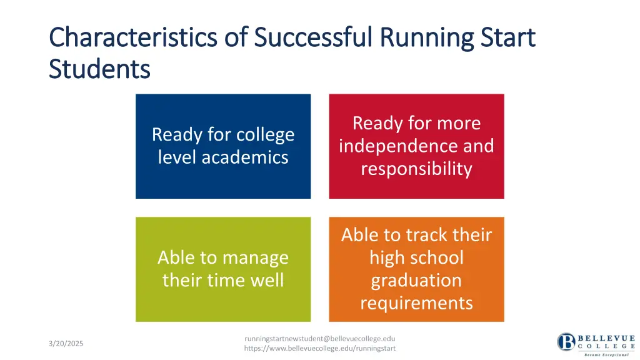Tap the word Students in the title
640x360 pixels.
tap(99, 68)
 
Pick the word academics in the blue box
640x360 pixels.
tap(247, 157)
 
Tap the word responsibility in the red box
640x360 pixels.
tap(416, 169)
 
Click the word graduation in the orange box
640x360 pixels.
tap(416, 280)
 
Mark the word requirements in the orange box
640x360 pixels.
tap(416, 303)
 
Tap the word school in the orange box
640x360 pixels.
tap(434, 257)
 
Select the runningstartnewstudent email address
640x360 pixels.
tap(319, 339)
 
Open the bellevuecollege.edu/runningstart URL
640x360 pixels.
tap(319, 348)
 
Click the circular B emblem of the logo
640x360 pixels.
tap(566, 342)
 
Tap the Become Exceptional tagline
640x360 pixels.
tap(606, 354)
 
